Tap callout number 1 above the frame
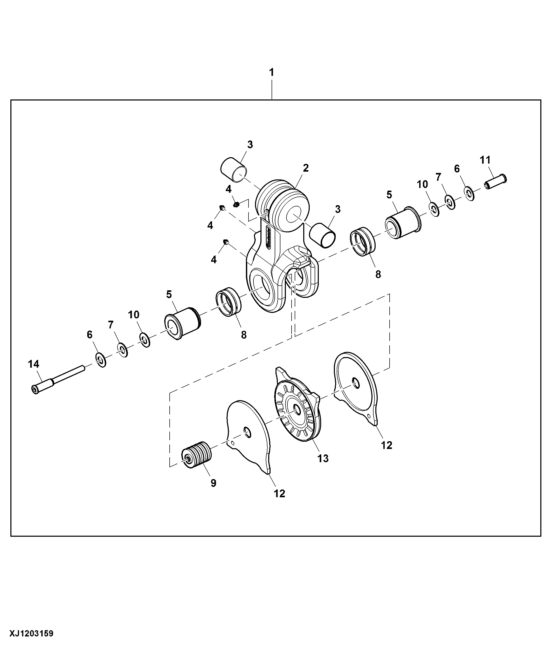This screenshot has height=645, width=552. tap(272, 72)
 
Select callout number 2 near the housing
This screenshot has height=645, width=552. tap(306, 168)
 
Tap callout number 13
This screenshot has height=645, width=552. tap(323, 458)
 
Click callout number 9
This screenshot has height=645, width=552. tap(213, 483)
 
